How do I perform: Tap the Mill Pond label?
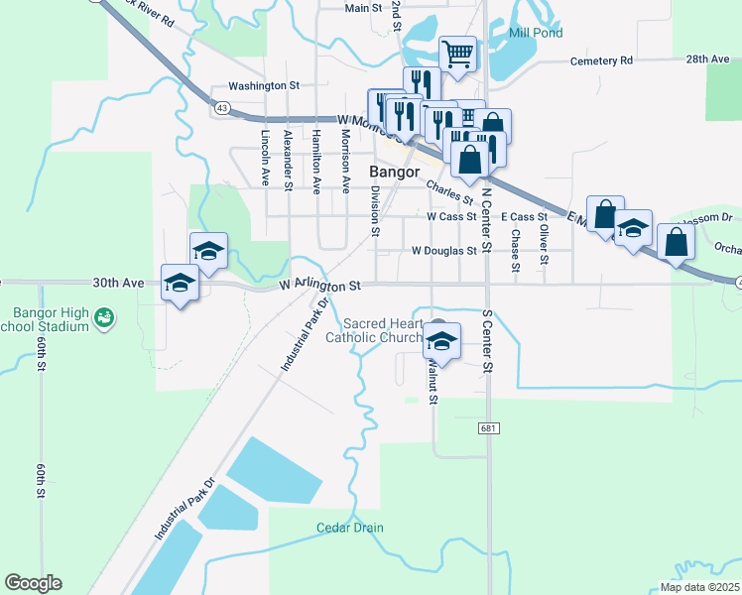point(536,33)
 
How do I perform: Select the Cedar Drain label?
point(350,528)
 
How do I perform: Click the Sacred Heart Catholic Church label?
point(382,330)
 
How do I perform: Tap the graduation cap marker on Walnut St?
point(442,341)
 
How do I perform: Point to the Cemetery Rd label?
point(601,60)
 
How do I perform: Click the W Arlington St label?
point(318,286)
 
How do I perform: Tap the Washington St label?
point(264,86)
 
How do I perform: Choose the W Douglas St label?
point(443,251)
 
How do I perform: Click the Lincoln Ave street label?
point(266,159)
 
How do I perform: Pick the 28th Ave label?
point(707,59)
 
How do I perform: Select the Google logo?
point(33,583)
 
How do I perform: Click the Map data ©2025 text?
point(699,587)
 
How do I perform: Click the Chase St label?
point(516,250)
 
